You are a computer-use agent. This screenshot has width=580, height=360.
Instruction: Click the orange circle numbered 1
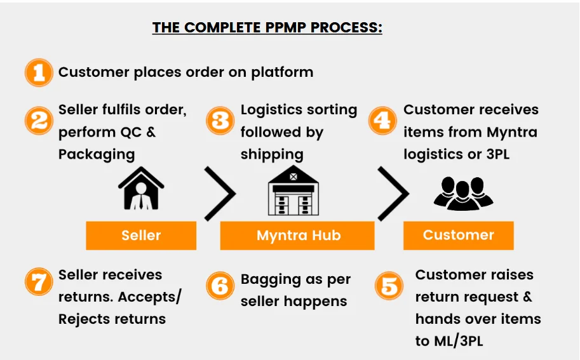pyautogui.click(x=38, y=72)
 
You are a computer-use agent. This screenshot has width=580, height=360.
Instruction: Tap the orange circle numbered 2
pyautogui.click(x=38, y=120)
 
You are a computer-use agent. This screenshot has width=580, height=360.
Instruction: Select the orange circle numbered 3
pyautogui.click(x=220, y=120)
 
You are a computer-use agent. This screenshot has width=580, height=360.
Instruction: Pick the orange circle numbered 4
pyautogui.click(x=383, y=120)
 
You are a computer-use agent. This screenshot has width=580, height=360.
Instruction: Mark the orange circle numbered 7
pyautogui.click(x=38, y=282)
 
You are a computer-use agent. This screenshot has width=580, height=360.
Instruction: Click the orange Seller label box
pyautogui.click(x=141, y=236)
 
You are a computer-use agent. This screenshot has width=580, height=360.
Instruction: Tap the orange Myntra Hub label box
pyautogui.click(x=297, y=236)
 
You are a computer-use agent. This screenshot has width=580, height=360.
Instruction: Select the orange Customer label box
pyautogui.click(x=458, y=235)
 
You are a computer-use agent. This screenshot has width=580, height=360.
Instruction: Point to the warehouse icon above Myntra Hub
pyautogui.click(x=292, y=189)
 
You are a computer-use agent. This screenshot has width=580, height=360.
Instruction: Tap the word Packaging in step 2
pyautogui.click(x=97, y=154)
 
